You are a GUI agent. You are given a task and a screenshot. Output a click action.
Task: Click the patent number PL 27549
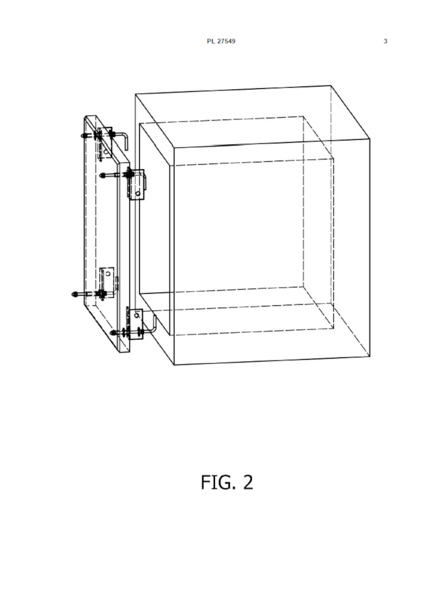(221, 41)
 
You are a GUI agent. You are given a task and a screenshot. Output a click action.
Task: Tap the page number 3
(385, 41)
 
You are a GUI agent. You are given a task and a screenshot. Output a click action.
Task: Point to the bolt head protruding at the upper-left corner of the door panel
(83, 135)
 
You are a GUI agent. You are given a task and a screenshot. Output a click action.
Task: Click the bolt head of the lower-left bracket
(74, 294)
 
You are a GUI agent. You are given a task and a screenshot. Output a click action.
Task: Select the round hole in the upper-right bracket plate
(137, 193)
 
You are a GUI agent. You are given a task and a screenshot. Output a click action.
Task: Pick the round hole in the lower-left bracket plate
(107, 274)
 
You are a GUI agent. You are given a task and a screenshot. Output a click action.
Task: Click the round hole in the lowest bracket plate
(137, 313)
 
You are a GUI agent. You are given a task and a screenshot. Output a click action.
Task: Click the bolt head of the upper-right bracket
(103, 176)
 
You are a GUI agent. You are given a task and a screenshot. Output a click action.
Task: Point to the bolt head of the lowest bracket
(113, 333)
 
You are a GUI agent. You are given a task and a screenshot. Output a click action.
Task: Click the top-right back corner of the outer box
(331, 85)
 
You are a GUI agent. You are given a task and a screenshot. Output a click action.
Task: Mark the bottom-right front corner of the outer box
(370, 356)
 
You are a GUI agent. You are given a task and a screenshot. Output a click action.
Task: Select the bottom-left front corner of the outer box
(174, 365)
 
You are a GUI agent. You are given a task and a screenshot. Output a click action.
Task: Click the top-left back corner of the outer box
(135, 94)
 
